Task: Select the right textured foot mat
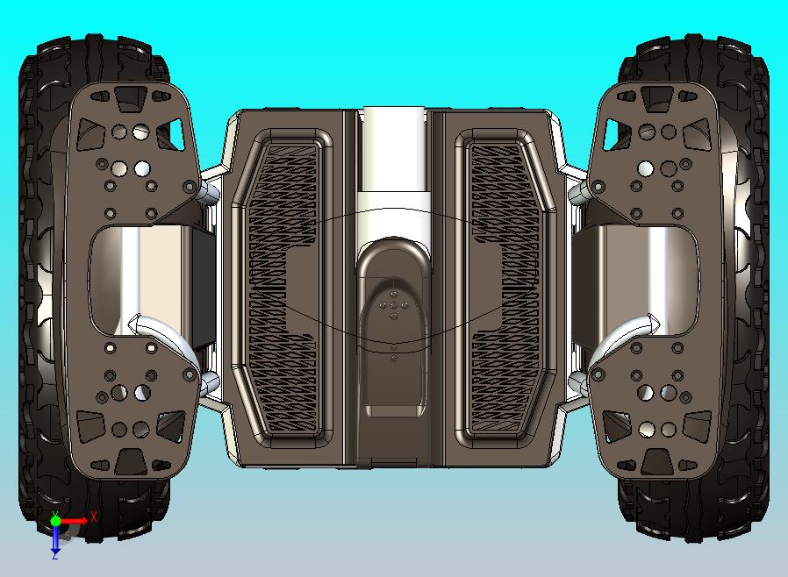tap(505, 288)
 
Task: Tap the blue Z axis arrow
tap(55, 538)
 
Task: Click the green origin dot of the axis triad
tap(55, 521)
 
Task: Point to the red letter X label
tap(94, 516)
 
